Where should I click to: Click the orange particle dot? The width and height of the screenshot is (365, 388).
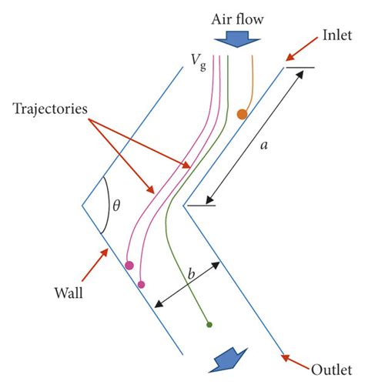tap(242, 115)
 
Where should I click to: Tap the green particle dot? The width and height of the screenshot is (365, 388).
tap(209, 326)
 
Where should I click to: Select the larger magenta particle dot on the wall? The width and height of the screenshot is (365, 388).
tap(129, 266)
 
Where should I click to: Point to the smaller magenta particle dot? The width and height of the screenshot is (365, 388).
tap(141, 285)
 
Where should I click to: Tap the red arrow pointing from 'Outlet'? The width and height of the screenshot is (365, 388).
tap(296, 359)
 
